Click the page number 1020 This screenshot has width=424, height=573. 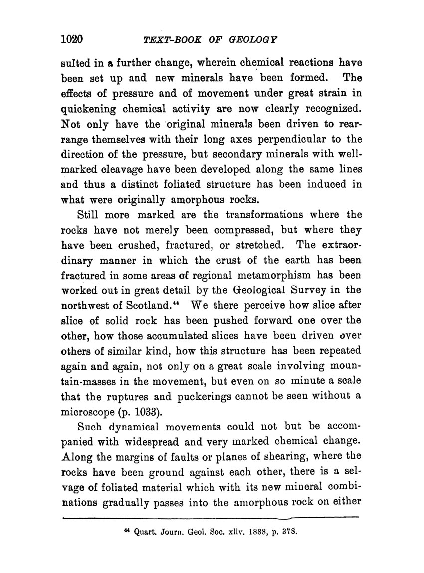71,39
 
